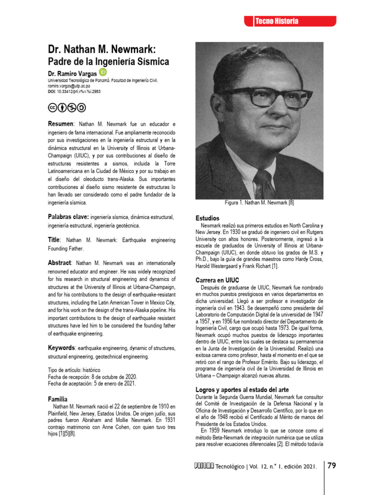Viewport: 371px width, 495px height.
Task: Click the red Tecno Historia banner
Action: coord(289,21)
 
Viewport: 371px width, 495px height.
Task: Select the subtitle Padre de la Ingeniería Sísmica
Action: coord(108,62)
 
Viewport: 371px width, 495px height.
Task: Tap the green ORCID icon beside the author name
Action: coord(103,72)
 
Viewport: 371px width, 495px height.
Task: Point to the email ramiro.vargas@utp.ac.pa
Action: coord(69,85)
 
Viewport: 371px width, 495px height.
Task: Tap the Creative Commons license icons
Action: coord(67,107)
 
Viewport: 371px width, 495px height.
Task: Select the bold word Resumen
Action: coord(60,123)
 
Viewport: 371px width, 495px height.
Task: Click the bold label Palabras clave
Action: coord(68,217)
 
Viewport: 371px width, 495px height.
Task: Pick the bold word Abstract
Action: coord(59,262)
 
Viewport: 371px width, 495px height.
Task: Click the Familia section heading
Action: coord(57,399)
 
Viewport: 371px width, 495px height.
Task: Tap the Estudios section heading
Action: coord(207,218)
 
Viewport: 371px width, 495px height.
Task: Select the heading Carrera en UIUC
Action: coord(217,280)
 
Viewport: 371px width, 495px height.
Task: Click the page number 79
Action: coord(331,466)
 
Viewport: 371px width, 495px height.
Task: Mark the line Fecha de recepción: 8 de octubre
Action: coord(92,377)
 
